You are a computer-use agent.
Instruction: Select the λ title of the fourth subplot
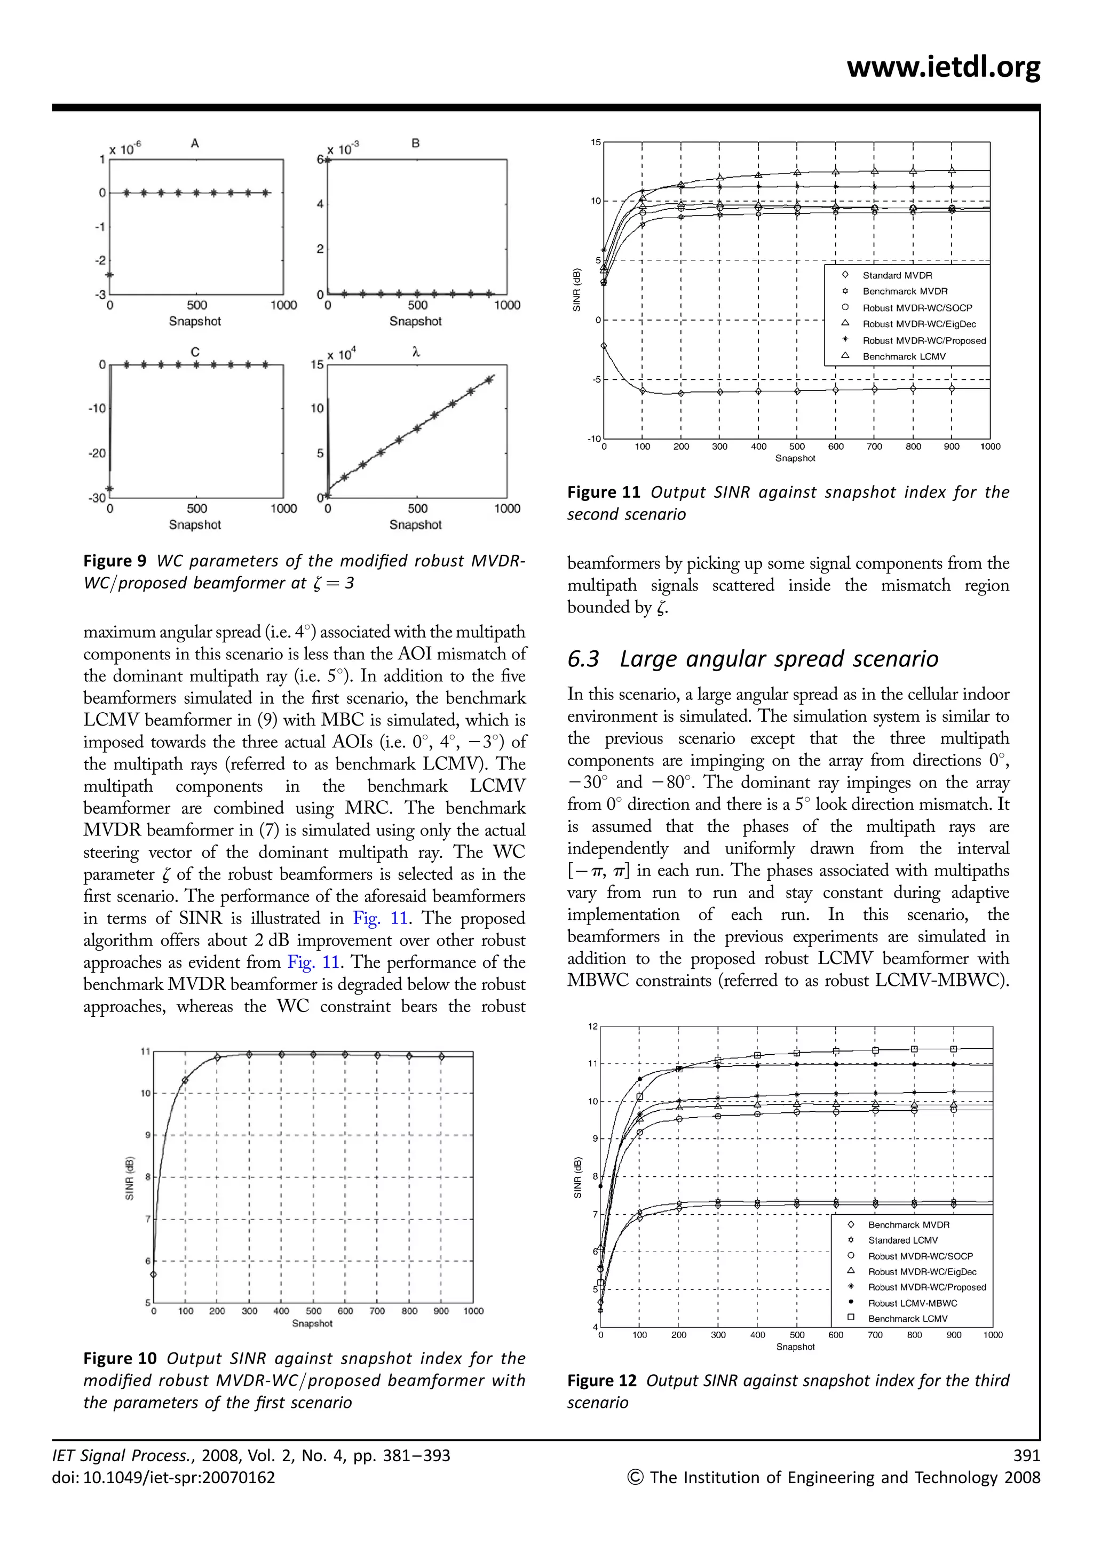(x=415, y=351)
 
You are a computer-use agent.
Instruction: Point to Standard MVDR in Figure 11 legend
(x=897, y=275)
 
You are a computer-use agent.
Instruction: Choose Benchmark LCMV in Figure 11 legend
(x=904, y=357)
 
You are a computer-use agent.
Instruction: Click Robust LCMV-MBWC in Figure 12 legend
(x=912, y=1303)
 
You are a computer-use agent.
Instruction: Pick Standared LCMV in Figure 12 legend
(x=902, y=1240)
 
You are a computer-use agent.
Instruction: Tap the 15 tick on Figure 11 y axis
(x=596, y=142)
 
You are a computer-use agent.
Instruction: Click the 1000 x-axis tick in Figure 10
(x=473, y=1311)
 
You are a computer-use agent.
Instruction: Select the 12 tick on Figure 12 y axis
(x=592, y=1026)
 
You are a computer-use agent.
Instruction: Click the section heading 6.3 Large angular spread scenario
(x=753, y=659)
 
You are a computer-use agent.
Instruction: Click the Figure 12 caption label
(x=601, y=1381)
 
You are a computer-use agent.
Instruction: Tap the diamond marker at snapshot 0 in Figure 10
(x=154, y=1275)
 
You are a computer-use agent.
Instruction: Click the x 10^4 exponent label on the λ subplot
(x=342, y=354)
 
